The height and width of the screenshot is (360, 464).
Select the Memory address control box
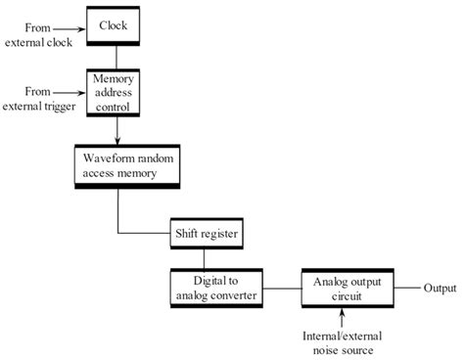tap(116, 92)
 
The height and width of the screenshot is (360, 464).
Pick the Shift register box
tap(204, 235)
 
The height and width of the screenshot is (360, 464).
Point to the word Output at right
tap(440, 289)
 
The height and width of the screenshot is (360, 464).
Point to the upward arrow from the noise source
tap(342, 318)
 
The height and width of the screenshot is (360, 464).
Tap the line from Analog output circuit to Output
tap(401, 289)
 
